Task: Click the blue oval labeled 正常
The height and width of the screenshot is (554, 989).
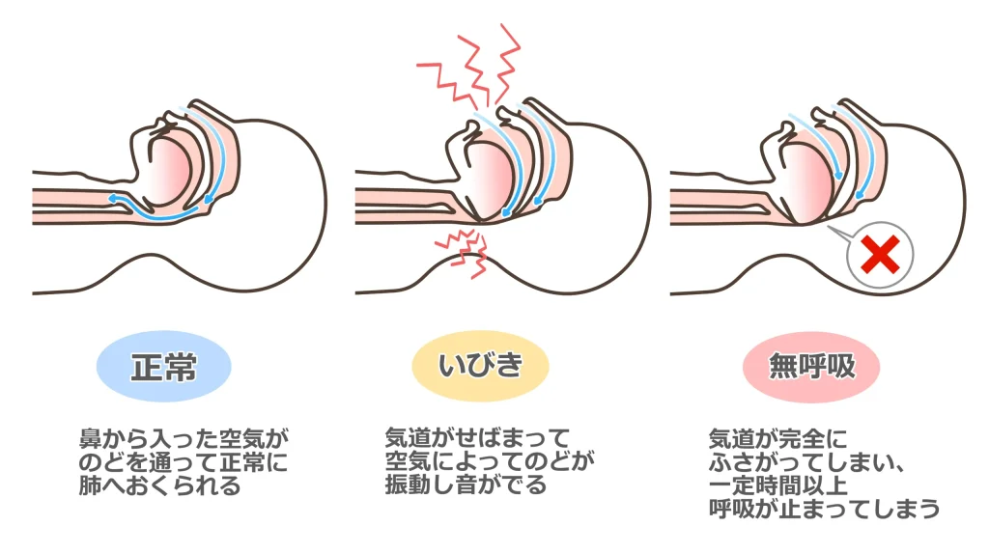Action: coord(164,366)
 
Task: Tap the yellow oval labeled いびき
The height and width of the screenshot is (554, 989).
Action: coord(481,366)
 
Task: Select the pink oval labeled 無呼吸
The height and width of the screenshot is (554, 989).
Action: coord(811,366)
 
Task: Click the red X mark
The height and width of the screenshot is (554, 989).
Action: coord(881,255)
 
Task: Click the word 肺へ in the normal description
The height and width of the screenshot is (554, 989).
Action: coord(101,485)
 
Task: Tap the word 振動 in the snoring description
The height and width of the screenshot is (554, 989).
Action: coord(409,485)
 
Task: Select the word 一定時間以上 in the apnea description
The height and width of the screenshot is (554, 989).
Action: coord(777,485)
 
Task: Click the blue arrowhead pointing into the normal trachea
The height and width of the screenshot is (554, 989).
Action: coord(114,199)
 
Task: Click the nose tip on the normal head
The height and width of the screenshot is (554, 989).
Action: coord(196,103)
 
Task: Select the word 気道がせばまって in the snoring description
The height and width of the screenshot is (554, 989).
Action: coord(477,438)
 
